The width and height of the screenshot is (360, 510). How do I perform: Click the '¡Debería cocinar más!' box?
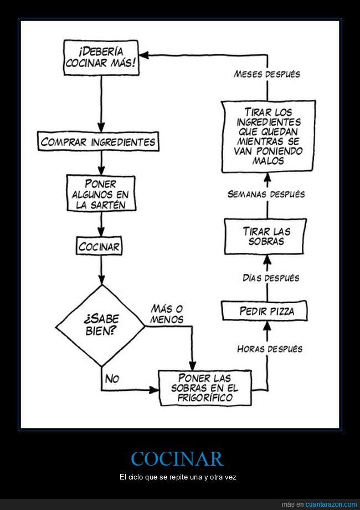pos(101,58)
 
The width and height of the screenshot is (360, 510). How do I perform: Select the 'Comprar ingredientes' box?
pos(98,141)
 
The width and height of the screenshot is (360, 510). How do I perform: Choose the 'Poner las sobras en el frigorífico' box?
pos(205,387)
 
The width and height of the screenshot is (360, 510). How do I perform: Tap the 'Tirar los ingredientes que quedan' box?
pos(268,136)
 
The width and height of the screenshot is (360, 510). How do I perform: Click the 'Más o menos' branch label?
pos(167,314)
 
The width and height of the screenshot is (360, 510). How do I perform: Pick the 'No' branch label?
pos(112,379)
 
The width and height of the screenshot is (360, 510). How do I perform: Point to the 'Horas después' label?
pos(270,349)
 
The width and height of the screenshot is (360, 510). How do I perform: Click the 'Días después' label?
pos(271,278)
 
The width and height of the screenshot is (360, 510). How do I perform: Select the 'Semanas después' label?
pos(266,194)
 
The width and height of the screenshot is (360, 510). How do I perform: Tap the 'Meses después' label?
pos(267,74)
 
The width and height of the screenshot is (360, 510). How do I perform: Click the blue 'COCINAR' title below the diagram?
pos(177,459)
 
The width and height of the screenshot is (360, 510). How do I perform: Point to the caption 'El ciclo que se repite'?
pos(177,477)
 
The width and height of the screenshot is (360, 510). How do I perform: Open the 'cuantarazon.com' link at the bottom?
pos(331,504)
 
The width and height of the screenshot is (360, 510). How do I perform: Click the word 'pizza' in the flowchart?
pos(282,311)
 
